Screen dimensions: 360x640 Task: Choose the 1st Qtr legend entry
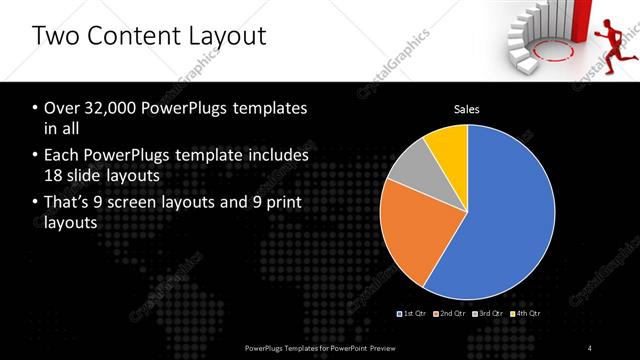pyautogui.click(x=413, y=314)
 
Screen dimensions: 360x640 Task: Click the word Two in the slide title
pyautogui.click(x=58, y=37)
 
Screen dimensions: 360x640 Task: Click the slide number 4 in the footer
pyautogui.click(x=590, y=347)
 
